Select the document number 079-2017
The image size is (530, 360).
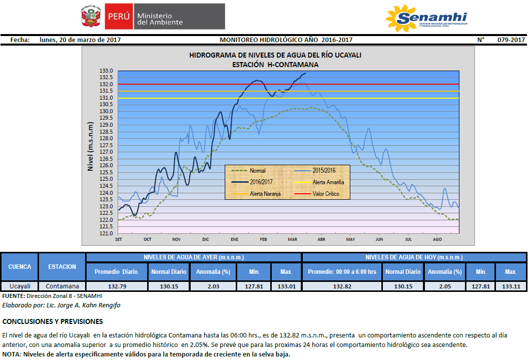(511, 40)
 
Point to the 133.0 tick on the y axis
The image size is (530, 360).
(107, 71)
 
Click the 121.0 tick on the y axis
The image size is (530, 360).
(107, 233)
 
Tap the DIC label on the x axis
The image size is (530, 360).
(206, 239)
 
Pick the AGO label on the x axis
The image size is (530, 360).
(437, 239)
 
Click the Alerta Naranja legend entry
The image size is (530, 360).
(265, 194)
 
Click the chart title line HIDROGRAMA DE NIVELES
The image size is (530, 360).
(275, 55)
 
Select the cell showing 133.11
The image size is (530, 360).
(510, 286)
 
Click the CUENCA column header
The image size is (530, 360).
(20, 267)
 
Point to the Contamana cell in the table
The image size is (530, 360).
(62, 286)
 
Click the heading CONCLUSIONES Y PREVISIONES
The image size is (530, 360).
(53, 321)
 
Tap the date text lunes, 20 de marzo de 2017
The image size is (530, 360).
(80, 40)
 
